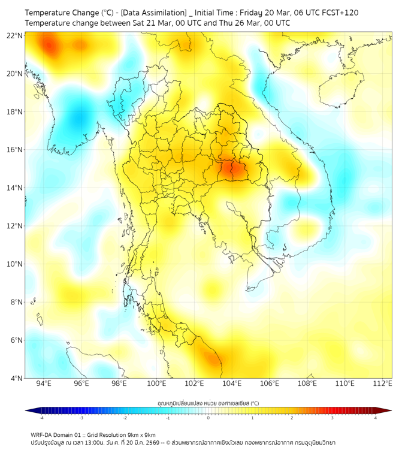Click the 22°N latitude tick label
point(15,35)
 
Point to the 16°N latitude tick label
point(15,150)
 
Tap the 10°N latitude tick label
point(15,264)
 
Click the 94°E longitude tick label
point(44,383)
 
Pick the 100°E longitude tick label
point(156,383)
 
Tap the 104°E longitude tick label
point(232,383)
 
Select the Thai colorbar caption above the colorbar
point(208,403)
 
